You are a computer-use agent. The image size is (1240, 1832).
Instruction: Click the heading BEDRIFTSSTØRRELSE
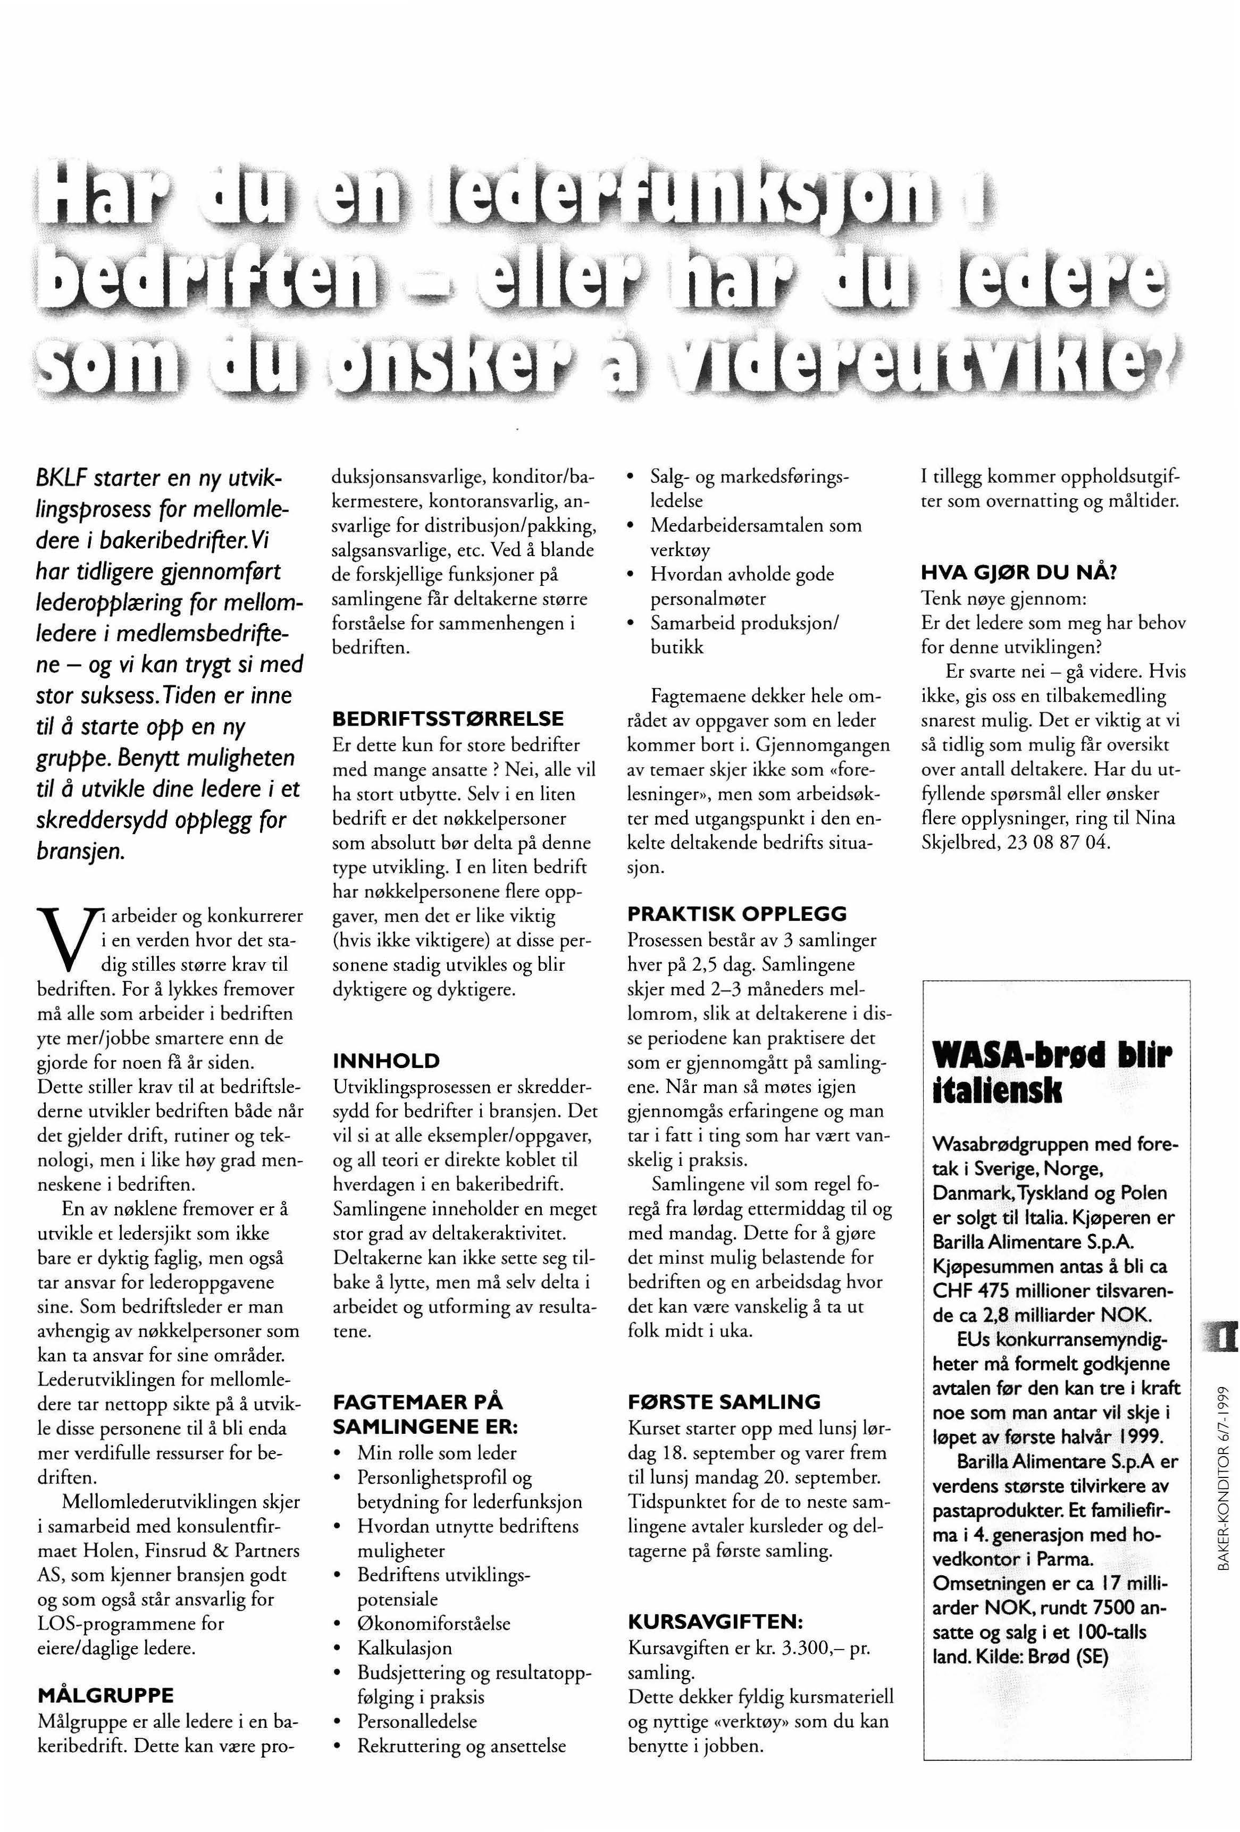coord(448,719)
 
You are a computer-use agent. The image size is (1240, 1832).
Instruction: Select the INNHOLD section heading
coord(386,1060)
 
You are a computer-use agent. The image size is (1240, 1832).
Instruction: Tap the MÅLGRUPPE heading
coord(105,1695)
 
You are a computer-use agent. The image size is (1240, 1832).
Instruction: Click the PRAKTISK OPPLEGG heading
coord(737,914)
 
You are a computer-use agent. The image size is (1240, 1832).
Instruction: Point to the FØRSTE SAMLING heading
coord(724,1401)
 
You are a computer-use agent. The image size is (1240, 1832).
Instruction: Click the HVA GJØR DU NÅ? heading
coord(1018,573)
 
